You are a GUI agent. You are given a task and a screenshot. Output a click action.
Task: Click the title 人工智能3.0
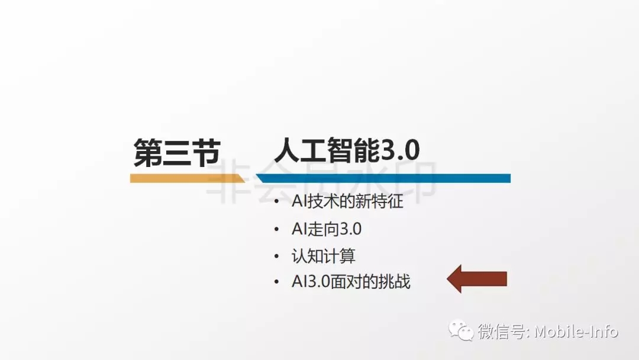347,150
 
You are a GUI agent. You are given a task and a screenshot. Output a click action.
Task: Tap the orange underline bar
188,178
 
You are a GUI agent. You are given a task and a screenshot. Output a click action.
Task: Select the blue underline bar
383,178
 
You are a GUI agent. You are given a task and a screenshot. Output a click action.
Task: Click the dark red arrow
477,279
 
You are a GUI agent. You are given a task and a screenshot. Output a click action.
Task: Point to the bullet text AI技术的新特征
348,201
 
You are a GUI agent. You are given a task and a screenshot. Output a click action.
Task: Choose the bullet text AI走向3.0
327,229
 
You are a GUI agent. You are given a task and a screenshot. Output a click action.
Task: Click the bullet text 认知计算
324,256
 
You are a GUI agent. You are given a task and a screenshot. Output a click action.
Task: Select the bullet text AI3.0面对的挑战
351,282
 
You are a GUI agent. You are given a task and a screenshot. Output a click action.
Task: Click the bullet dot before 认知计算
277,256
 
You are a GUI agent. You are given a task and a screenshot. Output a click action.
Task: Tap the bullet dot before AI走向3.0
277,229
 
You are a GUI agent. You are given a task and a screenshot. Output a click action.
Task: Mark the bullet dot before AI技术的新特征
277,201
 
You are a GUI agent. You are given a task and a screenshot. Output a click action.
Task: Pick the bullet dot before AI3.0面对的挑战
277,282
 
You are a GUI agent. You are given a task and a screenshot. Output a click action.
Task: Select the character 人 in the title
288,150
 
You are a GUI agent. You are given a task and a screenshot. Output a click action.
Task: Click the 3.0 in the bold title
401,150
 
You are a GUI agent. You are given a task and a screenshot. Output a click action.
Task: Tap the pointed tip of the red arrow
447,279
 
